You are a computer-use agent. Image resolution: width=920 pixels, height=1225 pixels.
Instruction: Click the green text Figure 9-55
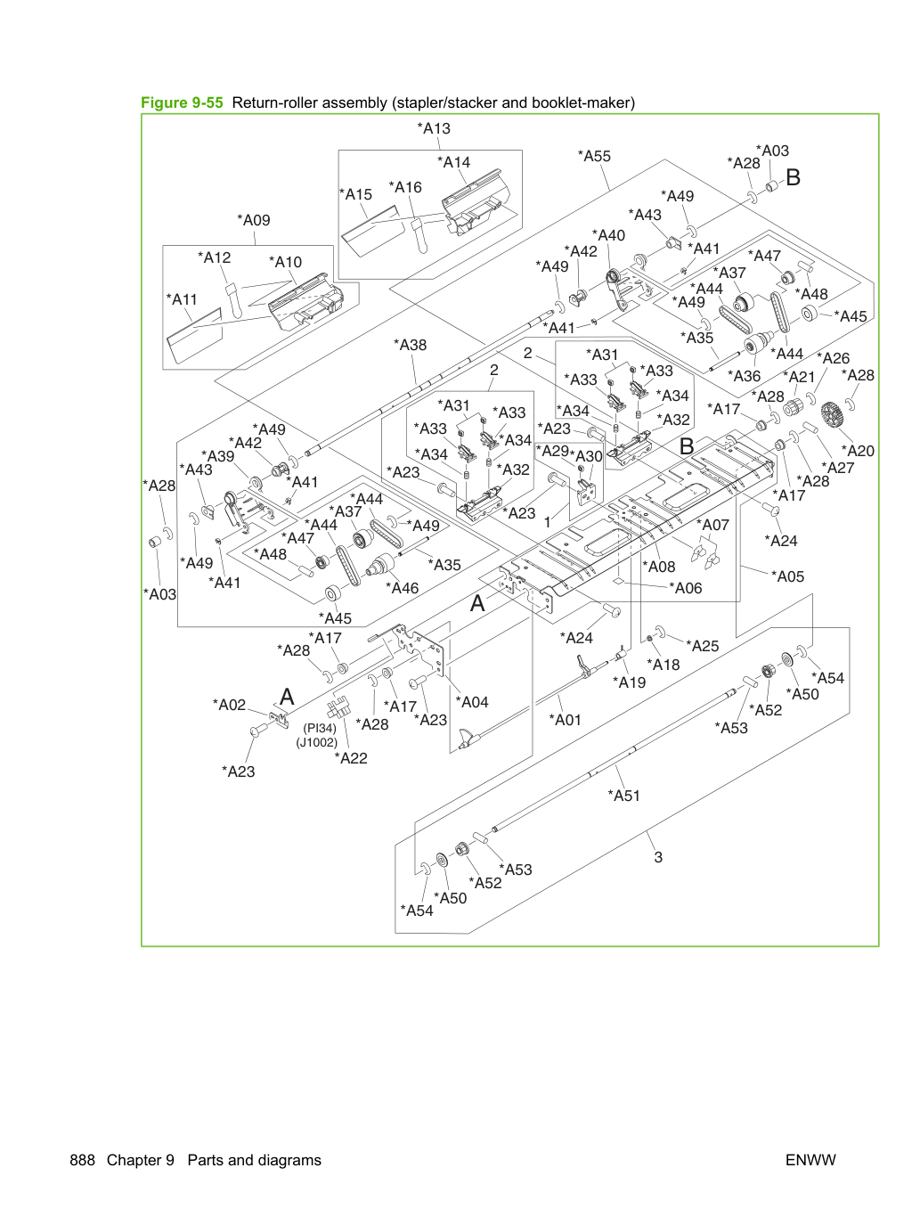182,102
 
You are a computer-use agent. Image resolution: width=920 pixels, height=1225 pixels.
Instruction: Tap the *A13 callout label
434,128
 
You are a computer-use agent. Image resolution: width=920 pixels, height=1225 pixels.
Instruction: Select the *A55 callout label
594,156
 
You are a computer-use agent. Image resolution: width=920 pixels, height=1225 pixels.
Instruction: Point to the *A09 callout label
254,220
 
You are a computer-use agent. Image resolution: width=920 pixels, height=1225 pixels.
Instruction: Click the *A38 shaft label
410,345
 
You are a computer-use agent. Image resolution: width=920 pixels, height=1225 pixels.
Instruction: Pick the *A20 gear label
858,451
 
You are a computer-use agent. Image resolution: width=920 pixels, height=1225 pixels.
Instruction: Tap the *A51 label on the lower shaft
623,796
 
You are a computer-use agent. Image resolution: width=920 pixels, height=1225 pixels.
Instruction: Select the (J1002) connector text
317,742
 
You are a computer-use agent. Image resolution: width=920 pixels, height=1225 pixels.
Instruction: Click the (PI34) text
320,728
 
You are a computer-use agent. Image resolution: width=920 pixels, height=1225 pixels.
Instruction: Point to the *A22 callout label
351,758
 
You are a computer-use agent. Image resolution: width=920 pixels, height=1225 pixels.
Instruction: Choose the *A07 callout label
712,525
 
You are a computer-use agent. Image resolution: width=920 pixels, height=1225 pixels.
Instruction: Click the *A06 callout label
686,588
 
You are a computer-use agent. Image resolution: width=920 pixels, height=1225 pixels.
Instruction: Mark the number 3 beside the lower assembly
658,857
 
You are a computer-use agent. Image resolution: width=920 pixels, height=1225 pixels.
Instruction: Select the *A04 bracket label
472,702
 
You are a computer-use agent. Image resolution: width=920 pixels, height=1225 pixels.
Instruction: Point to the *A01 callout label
566,720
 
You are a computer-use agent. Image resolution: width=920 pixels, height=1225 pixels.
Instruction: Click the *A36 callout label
745,376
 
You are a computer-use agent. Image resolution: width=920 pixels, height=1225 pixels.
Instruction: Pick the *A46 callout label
403,588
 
